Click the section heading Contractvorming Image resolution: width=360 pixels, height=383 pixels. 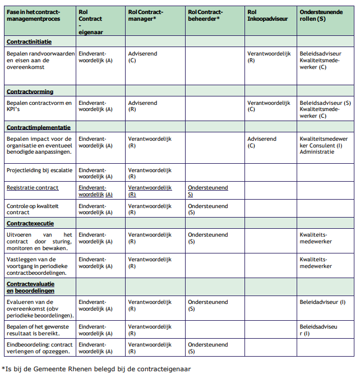coord(30,91)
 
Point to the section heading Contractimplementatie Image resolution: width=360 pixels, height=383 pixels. coord(38,127)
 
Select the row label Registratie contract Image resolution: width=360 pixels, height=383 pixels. coord(33,188)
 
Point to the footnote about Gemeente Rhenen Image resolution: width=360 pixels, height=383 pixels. coord(96,369)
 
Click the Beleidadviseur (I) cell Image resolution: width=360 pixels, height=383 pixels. coord(322,302)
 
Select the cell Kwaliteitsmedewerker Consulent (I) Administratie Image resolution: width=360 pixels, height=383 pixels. coord(324,145)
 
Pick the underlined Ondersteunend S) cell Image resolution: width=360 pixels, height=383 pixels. coord(207,191)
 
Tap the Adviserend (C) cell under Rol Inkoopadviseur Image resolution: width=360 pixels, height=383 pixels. coord(261,142)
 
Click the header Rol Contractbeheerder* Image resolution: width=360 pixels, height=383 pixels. coord(205,15)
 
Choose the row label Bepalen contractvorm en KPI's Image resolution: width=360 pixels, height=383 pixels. coord(39,107)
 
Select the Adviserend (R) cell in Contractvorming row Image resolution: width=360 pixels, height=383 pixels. coord(142,107)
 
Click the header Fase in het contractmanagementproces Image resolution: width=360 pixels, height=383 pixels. coord(34,15)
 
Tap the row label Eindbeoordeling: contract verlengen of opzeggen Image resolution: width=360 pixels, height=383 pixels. coord(39,348)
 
